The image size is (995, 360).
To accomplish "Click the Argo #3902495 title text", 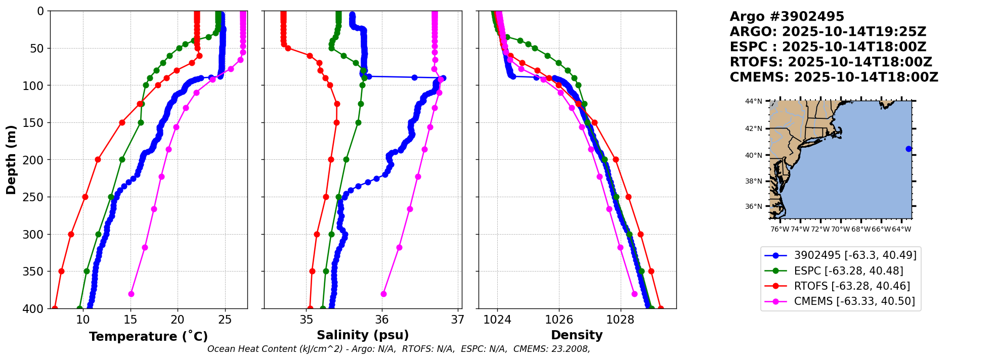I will [787, 17].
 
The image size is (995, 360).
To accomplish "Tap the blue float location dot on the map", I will [909, 149].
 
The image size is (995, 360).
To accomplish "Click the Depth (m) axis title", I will [11, 160].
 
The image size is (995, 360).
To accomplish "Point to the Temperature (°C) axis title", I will [148, 336].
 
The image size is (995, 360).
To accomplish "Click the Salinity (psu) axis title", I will [363, 335].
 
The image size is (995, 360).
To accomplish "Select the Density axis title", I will [577, 335].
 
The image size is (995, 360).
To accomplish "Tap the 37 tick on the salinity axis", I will [458, 320].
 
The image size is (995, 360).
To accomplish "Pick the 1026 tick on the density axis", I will [559, 320].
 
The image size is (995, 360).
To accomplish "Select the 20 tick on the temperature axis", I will [178, 320].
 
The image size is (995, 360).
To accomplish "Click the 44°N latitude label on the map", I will [753, 102].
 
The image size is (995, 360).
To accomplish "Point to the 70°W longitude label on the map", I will [840, 229].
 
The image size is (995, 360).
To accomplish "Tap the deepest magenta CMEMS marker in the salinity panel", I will [383, 294].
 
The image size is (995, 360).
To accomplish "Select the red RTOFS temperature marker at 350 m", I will [61, 271].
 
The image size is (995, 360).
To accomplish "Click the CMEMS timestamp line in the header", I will [834, 77].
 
